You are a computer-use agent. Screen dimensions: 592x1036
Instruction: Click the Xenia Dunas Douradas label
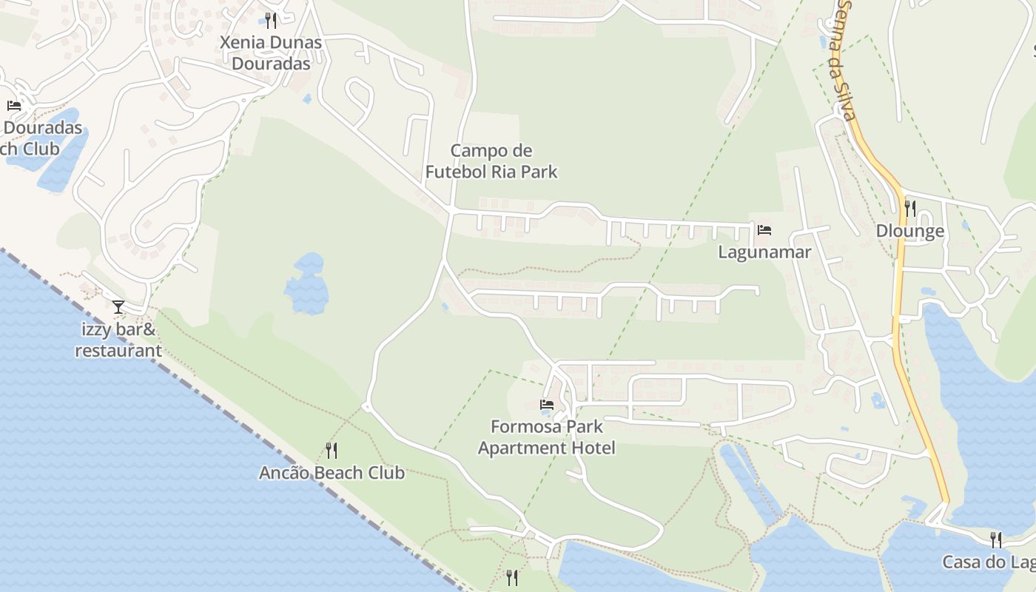(271, 53)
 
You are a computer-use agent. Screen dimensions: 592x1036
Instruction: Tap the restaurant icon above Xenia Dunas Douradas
(271, 20)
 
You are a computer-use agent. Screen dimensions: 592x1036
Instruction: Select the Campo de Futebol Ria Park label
(491, 161)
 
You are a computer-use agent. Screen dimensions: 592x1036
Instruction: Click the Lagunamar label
(764, 252)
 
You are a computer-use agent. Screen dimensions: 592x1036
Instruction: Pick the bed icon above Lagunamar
(764, 230)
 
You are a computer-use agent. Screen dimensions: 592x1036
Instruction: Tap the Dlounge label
(909, 231)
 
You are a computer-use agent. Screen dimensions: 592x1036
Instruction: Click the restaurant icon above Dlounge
(909, 209)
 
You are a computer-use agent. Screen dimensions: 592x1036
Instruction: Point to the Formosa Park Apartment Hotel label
(546, 437)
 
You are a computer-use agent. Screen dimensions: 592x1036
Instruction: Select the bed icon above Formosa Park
(547, 405)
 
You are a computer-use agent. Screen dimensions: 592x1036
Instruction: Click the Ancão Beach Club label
(332, 473)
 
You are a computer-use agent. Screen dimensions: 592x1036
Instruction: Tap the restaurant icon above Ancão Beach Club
(332, 450)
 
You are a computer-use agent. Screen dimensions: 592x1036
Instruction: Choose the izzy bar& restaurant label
(118, 340)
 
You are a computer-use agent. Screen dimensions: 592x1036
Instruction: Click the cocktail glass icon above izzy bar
(118, 306)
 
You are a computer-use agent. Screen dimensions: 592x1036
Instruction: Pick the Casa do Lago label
(988, 562)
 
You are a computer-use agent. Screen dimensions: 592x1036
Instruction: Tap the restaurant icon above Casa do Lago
(996, 540)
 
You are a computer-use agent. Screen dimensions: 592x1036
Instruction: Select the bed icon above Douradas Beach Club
(14, 106)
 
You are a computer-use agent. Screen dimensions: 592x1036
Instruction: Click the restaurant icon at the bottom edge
(511, 577)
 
